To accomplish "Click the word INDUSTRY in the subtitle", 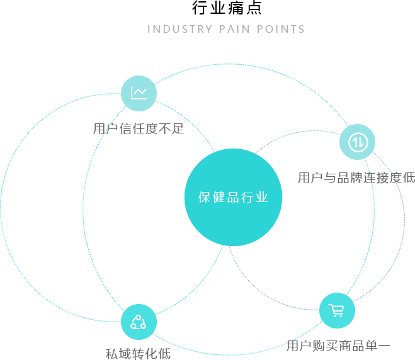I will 179,29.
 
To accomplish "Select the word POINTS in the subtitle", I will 281,29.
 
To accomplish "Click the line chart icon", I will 139,93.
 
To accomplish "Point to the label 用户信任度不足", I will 138,129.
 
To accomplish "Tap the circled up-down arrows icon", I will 357,142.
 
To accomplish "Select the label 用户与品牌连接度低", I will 356,177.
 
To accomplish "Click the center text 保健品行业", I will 233,197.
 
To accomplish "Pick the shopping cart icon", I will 337,310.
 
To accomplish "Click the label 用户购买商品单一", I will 338,346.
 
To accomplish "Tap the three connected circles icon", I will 139,322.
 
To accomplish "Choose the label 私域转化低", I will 138,353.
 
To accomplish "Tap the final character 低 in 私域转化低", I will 164,353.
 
